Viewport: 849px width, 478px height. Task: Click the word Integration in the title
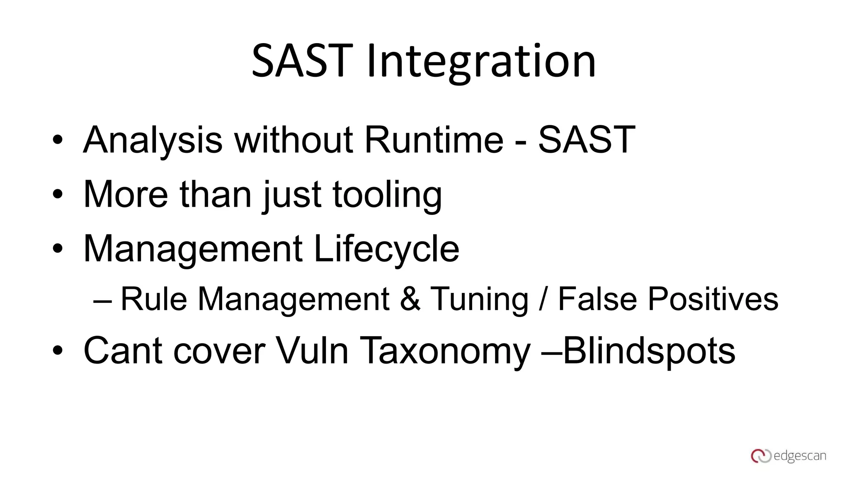[481, 62]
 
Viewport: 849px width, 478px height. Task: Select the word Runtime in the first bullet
[434, 140]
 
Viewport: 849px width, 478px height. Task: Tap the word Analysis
[153, 140]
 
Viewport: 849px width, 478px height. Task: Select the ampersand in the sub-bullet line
[410, 299]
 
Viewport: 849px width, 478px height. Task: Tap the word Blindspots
[649, 351]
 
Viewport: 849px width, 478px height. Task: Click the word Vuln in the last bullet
[312, 351]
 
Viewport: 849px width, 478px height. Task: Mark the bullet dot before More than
[58, 194]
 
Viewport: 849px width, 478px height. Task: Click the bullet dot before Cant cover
[58, 351]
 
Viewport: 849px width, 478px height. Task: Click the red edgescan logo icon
[761, 456]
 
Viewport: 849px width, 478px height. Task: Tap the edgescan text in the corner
[800, 456]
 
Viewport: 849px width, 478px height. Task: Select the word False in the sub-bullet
[597, 299]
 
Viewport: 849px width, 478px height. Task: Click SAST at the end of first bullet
[586, 140]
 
